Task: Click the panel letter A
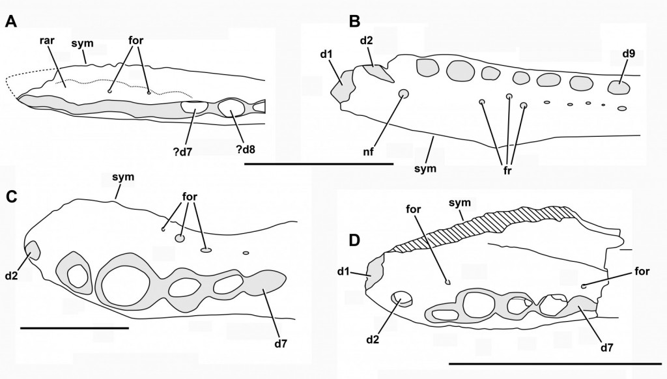(10, 22)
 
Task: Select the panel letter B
(354, 21)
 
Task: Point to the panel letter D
(355, 240)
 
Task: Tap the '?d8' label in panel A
(246, 149)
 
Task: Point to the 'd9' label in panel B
(628, 54)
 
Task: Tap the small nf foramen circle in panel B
(403, 94)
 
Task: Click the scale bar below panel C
(74, 328)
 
